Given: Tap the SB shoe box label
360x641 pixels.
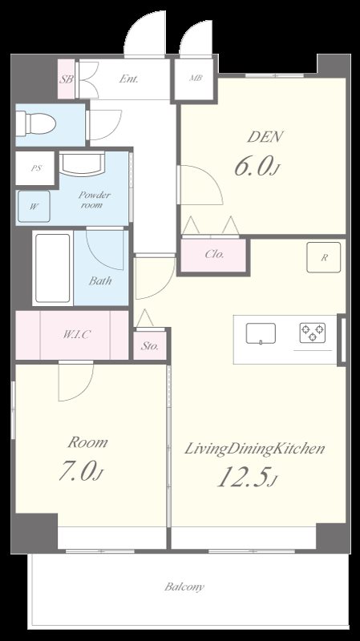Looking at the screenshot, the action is pyautogui.click(x=66, y=79).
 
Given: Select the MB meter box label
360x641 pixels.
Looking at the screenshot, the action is pyautogui.click(x=196, y=78).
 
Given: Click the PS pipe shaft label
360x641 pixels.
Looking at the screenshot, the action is pyautogui.click(x=36, y=168).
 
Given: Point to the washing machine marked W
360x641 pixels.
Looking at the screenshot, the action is pyautogui.click(x=34, y=207).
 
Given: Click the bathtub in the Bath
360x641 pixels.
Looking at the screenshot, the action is pyautogui.click(x=53, y=268).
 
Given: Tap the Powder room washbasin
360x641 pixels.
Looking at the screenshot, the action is pyautogui.click(x=83, y=164).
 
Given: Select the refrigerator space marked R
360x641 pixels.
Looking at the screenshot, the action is pyautogui.click(x=324, y=257).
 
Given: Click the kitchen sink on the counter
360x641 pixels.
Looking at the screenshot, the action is pyautogui.click(x=261, y=333).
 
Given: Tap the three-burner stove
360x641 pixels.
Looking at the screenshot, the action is pyautogui.click(x=313, y=333).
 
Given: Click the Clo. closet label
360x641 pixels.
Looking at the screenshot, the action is pyautogui.click(x=214, y=254).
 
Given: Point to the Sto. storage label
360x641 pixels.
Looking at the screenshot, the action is pyautogui.click(x=150, y=346).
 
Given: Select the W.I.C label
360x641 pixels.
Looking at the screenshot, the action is pyautogui.click(x=76, y=334).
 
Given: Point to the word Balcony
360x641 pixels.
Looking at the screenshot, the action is pyautogui.click(x=184, y=587).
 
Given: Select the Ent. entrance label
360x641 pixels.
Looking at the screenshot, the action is pyautogui.click(x=128, y=79).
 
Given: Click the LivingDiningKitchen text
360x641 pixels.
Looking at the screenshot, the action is pyautogui.click(x=254, y=449).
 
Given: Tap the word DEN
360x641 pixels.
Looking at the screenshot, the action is pyautogui.click(x=265, y=137).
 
